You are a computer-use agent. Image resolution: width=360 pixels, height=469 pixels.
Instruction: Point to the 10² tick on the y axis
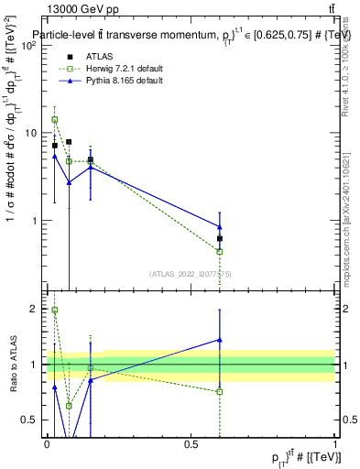click(x=30, y=45)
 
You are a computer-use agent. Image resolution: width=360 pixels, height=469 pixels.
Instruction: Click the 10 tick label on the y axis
click(x=32, y=133)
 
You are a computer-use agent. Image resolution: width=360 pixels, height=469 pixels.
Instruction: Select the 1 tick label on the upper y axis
click(x=35, y=221)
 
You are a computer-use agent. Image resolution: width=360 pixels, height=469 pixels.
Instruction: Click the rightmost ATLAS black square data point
click(x=220, y=238)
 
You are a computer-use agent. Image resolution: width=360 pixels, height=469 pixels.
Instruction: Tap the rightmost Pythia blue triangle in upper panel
click(x=220, y=227)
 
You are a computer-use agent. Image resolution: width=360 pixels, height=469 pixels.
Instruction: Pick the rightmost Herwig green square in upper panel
click(x=220, y=251)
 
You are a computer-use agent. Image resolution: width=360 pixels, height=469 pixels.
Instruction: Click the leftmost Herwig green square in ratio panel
click(x=55, y=311)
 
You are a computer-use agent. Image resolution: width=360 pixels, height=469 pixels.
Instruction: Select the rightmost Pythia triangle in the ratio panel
click(x=220, y=340)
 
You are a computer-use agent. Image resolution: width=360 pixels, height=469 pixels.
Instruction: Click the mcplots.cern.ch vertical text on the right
click(x=349, y=229)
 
